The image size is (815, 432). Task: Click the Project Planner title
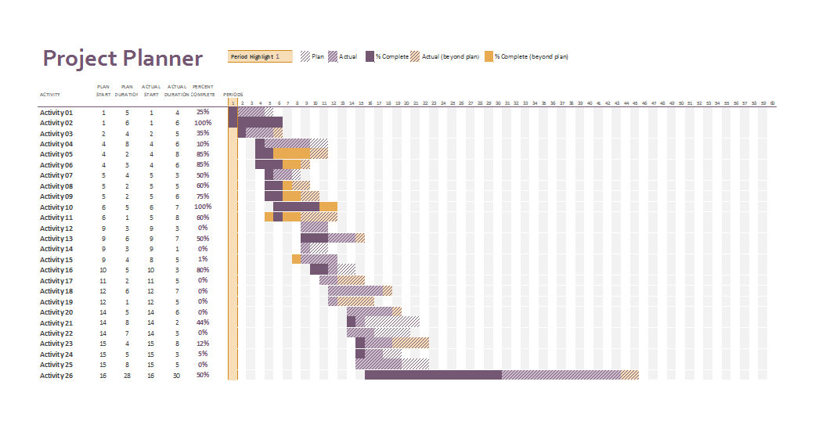pyautogui.click(x=122, y=59)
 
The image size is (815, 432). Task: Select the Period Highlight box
pyautogui.click(x=259, y=56)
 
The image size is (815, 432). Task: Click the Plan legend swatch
pyautogui.click(x=305, y=56)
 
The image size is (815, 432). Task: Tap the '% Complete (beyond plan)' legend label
pyautogui.click(x=531, y=56)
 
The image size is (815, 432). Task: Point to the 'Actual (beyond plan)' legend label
pyautogui.click(x=450, y=56)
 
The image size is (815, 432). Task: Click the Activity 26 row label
pyautogui.click(x=56, y=376)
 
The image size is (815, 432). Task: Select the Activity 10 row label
pyautogui.click(x=56, y=207)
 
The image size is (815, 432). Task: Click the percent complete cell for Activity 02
pyautogui.click(x=203, y=123)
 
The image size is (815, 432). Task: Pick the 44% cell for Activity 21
pyautogui.click(x=203, y=322)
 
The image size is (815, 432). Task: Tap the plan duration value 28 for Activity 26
pyautogui.click(x=126, y=376)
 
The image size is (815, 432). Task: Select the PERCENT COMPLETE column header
pyautogui.click(x=203, y=90)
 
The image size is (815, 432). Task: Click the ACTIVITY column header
pyautogui.click(x=49, y=95)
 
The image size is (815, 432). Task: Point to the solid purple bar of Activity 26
pyautogui.click(x=432, y=376)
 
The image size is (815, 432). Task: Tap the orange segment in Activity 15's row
pyautogui.click(x=296, y=259)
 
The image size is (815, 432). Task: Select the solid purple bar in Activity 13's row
pyautogui.click(x=314, y=238)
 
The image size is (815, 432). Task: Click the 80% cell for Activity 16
pyautogui.click(x=203, y=270)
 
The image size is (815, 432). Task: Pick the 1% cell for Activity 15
pyautogui.click(x=203, y=259)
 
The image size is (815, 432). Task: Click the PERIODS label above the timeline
pyautogui.click(x=233, y=95)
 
